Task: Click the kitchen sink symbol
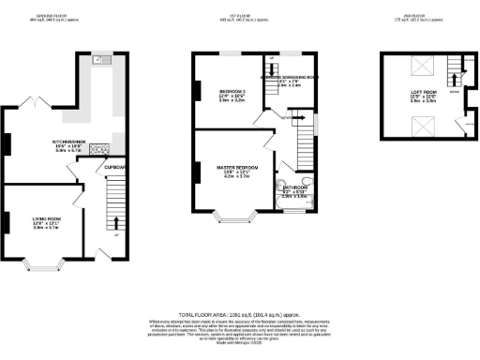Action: point(101,61)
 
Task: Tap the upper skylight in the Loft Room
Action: point(424,66)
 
